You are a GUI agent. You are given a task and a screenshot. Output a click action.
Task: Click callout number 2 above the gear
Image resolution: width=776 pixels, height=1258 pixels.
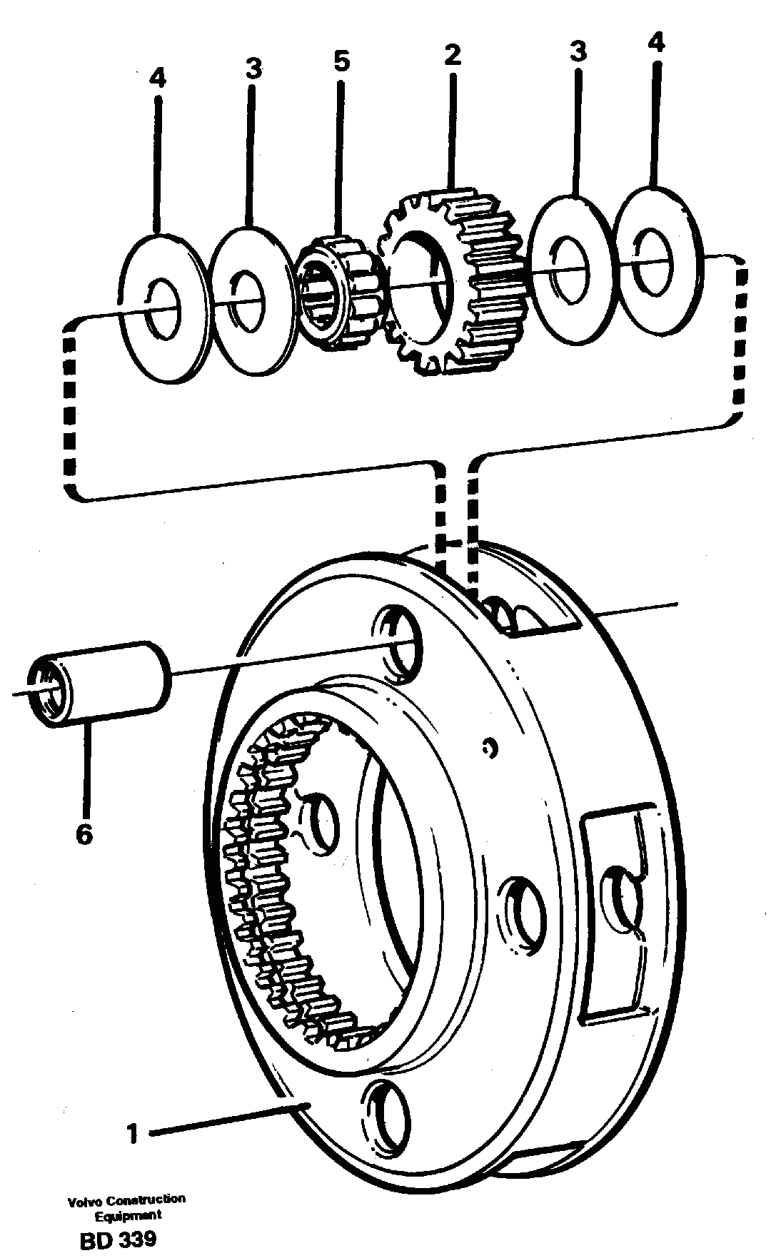[x=452, y=56]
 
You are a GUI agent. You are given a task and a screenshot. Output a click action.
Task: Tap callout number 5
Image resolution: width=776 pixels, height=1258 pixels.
[x=341, y=62]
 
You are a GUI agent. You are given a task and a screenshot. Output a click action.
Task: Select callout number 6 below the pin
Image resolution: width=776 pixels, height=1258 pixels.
[x=84, y=833]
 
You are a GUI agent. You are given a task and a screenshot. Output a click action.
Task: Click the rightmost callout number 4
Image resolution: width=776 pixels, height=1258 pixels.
[x=655, y=43]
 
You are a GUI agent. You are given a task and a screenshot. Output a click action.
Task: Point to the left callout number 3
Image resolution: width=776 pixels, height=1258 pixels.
[x=253, y=69]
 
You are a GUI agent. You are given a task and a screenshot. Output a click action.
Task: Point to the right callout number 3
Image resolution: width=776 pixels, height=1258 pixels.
[x=578, y=51]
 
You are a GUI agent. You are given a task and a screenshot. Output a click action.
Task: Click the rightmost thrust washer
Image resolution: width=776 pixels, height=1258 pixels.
[x=655, y=260]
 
